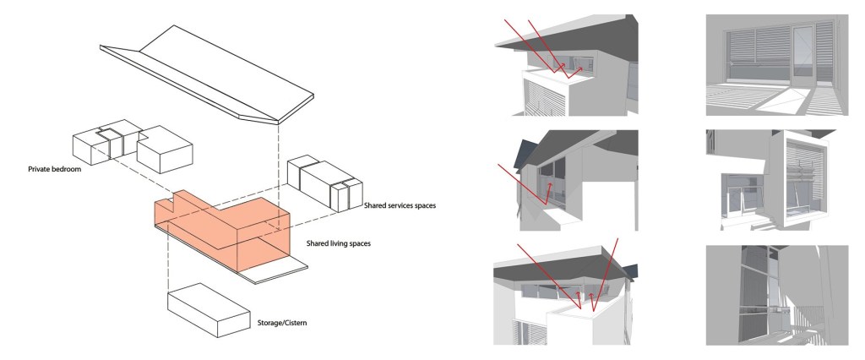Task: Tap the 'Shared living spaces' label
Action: click(x=339, y=243)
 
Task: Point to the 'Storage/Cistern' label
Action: click(x=280, y=323)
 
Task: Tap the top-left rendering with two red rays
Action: click(x=564, y=65)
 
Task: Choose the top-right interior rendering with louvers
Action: click(x=775, y=65)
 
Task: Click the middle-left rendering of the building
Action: click(x=564, y=179)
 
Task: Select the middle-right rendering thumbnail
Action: click(x=775, y=179)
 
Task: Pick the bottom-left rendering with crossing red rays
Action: click(x=564, y=295)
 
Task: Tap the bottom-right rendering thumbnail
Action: click(x=775, y=295)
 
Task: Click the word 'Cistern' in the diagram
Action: click(x=292, y=323)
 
